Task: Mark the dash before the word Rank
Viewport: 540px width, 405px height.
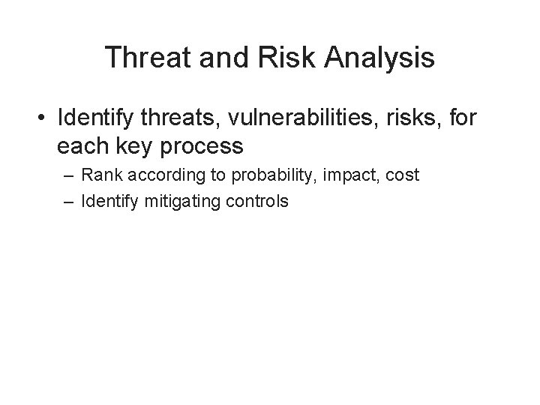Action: [69, 176]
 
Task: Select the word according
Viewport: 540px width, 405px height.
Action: [157, 176]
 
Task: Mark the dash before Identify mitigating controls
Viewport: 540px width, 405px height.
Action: [69, 201]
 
